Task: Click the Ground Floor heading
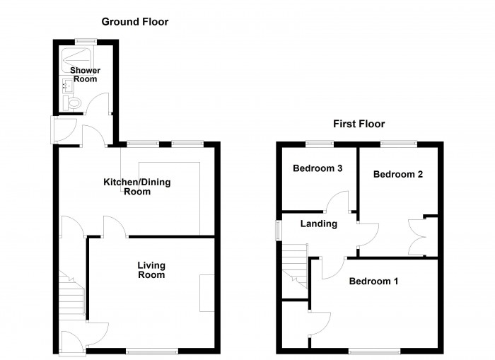134,22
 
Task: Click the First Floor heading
359,124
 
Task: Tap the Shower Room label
85,75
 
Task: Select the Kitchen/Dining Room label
137,187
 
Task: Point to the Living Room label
151,269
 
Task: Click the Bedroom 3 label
318,168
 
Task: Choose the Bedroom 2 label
398,174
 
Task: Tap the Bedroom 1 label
373,281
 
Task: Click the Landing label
318,223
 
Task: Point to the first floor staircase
295,264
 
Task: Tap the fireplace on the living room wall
207,292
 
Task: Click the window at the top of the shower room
86,40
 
